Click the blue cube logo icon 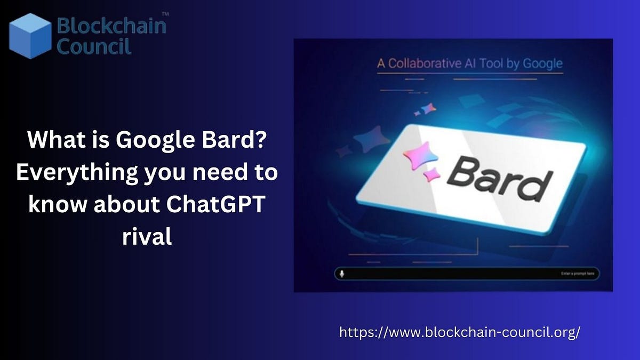tap(30, 35)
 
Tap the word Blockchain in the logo tap(111, 26)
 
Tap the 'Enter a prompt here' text tap(580, 274)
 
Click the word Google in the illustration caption tap(542, 63)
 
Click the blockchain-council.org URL tap(459, 332)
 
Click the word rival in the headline tap(147, 236)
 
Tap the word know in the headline tap(58, 205)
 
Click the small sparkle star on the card tap(430, 174)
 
